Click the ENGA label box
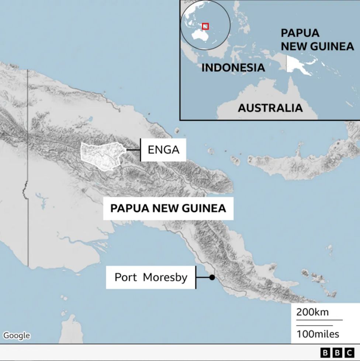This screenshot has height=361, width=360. [x=163, y=150]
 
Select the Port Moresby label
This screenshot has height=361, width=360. [x=151, y=277]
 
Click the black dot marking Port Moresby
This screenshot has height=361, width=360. [x=212, y=277]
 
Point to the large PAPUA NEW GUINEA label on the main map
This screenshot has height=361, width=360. [x=168, y=208]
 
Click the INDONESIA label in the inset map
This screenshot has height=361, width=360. [x=233, y=68]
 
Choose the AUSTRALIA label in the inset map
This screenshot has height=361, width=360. [x=270, y=108]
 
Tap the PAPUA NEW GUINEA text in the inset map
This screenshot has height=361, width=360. [x=316, y=39]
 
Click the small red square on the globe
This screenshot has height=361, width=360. [x=205, y=26]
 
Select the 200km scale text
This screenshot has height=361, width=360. [x=312, y=312]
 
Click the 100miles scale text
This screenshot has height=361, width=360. [x=318, y=334]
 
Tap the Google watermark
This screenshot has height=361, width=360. [x=16, y=335]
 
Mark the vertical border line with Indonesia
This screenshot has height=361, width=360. [x=28, y=166]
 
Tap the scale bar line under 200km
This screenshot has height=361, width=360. [x=319, y=320]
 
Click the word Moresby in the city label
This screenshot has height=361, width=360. [x=165, y=277]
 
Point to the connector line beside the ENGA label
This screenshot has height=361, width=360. [x=133, y=150]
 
